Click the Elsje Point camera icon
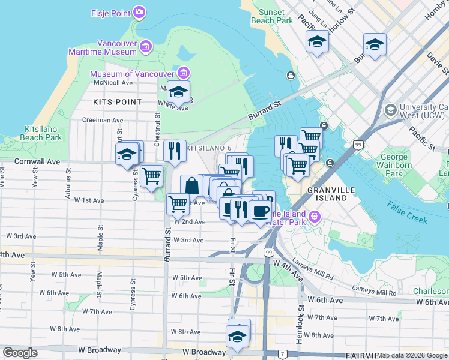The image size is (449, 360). [x=139, y=12]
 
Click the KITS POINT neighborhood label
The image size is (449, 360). [x=118, y=102]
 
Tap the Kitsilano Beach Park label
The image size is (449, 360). [x=43, y=133]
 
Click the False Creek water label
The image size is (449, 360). [x=408, y=212]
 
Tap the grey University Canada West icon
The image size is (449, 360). [x=391, y=110]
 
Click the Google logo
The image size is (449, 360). [x=20, y=353]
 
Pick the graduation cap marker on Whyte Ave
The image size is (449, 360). [x=178, y=92]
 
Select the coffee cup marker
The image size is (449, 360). [x=260, y=211]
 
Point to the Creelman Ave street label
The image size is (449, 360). [x=103, y=121]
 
